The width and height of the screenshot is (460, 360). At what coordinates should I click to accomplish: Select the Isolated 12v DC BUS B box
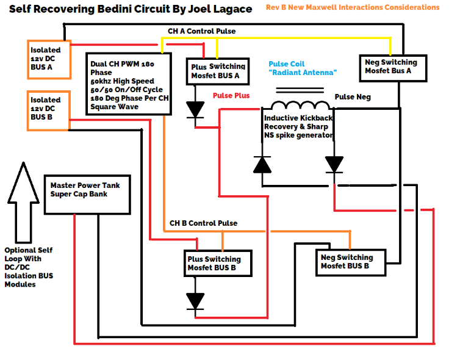pyautogui.click(x=49, y=110)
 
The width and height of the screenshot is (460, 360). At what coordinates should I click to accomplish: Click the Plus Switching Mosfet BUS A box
pyautogui.click(x=218, y=71)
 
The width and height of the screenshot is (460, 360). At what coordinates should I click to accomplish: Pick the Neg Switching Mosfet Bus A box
pyautogui.click(x=390, y=67)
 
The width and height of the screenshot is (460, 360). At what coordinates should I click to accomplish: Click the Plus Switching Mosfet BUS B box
pyautogui.click(x=218, y=264)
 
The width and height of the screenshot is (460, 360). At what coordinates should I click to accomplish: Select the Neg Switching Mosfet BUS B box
pyautogui.click(x=351, y=262)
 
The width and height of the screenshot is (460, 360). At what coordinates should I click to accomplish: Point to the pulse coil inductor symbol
pyautogui.click(x=300, y=106)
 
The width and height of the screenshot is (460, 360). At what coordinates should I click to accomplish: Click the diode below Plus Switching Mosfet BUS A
pyautogui.click(x=196, y=109)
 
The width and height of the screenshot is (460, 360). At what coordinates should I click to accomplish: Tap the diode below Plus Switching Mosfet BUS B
pyautogui.click(x=195, y=301)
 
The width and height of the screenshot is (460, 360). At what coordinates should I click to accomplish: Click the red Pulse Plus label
pyautogui.click(x=231, y=96)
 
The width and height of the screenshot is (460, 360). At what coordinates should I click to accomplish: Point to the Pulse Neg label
pyautogui.click(x=353, y=97)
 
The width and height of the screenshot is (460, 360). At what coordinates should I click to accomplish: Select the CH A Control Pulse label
pyautogui.click(x=201, y=31)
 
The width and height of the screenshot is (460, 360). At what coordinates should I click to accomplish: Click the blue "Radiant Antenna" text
pyautogui.click(x=303, y=73)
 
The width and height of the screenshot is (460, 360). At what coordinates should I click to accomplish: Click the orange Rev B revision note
pyautogui.click(x=352, y=7)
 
